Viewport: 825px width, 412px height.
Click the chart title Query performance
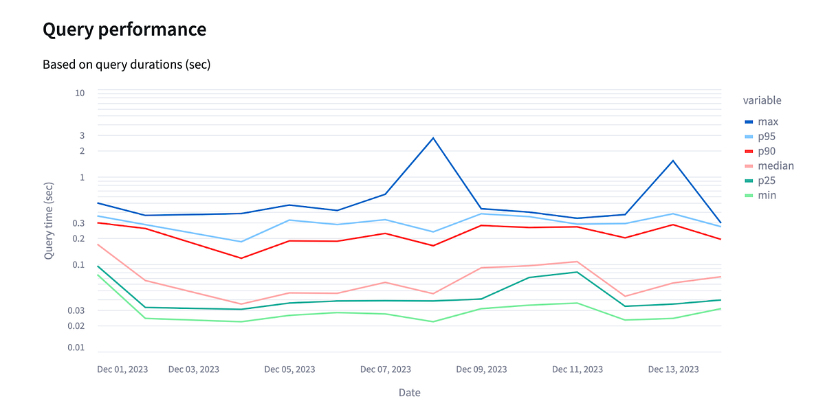tap(124, 30)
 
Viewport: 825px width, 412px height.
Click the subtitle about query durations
tap(126, 65)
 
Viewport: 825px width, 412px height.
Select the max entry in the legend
tap(768, 122)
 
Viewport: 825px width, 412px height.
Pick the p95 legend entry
tap(767, 137)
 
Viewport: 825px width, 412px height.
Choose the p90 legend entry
tap(767, 151)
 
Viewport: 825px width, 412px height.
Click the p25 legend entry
tap(767, 181)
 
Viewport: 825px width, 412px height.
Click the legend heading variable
tap(762, 100)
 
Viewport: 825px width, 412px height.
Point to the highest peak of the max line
tap(433, 138)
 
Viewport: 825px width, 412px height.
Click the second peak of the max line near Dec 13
tap(673, 161)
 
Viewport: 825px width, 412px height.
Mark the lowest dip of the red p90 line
tap(241, 258)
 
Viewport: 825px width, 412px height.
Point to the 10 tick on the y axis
tap(80, 93)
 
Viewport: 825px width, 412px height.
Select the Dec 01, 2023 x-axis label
tap(122, 369)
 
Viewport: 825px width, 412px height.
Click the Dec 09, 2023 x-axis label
tap(481, 369)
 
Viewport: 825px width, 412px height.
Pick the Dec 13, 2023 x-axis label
tap(673, 369)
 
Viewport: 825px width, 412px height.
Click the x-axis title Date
tap(409, 393)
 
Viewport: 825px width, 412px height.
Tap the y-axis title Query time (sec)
tap(49, 220)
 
